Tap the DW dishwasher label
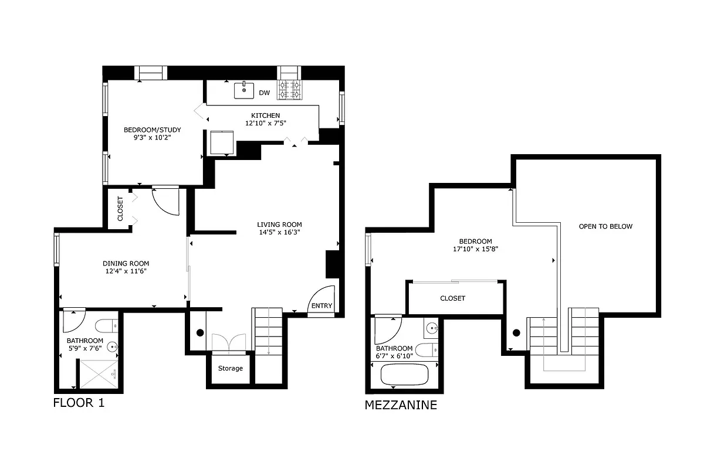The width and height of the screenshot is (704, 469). (265, 93)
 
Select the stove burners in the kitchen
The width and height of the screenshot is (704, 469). (289, 90)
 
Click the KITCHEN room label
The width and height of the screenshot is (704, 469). (265, 115)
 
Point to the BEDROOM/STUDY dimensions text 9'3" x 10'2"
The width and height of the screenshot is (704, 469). (152, 138)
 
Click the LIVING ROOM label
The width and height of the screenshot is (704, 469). (279, 225)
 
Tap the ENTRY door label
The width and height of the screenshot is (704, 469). (321, 306)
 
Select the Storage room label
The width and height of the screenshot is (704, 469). (230, 368)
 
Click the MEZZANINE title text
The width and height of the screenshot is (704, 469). (401, 405)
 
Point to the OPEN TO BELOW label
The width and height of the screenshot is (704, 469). (605, 226)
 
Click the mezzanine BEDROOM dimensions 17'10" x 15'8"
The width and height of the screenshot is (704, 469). (475, 249)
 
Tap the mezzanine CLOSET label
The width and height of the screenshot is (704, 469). (452, 298)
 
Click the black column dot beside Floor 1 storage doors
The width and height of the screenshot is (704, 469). (200, 333)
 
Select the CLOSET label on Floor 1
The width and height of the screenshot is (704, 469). (120, 208)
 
